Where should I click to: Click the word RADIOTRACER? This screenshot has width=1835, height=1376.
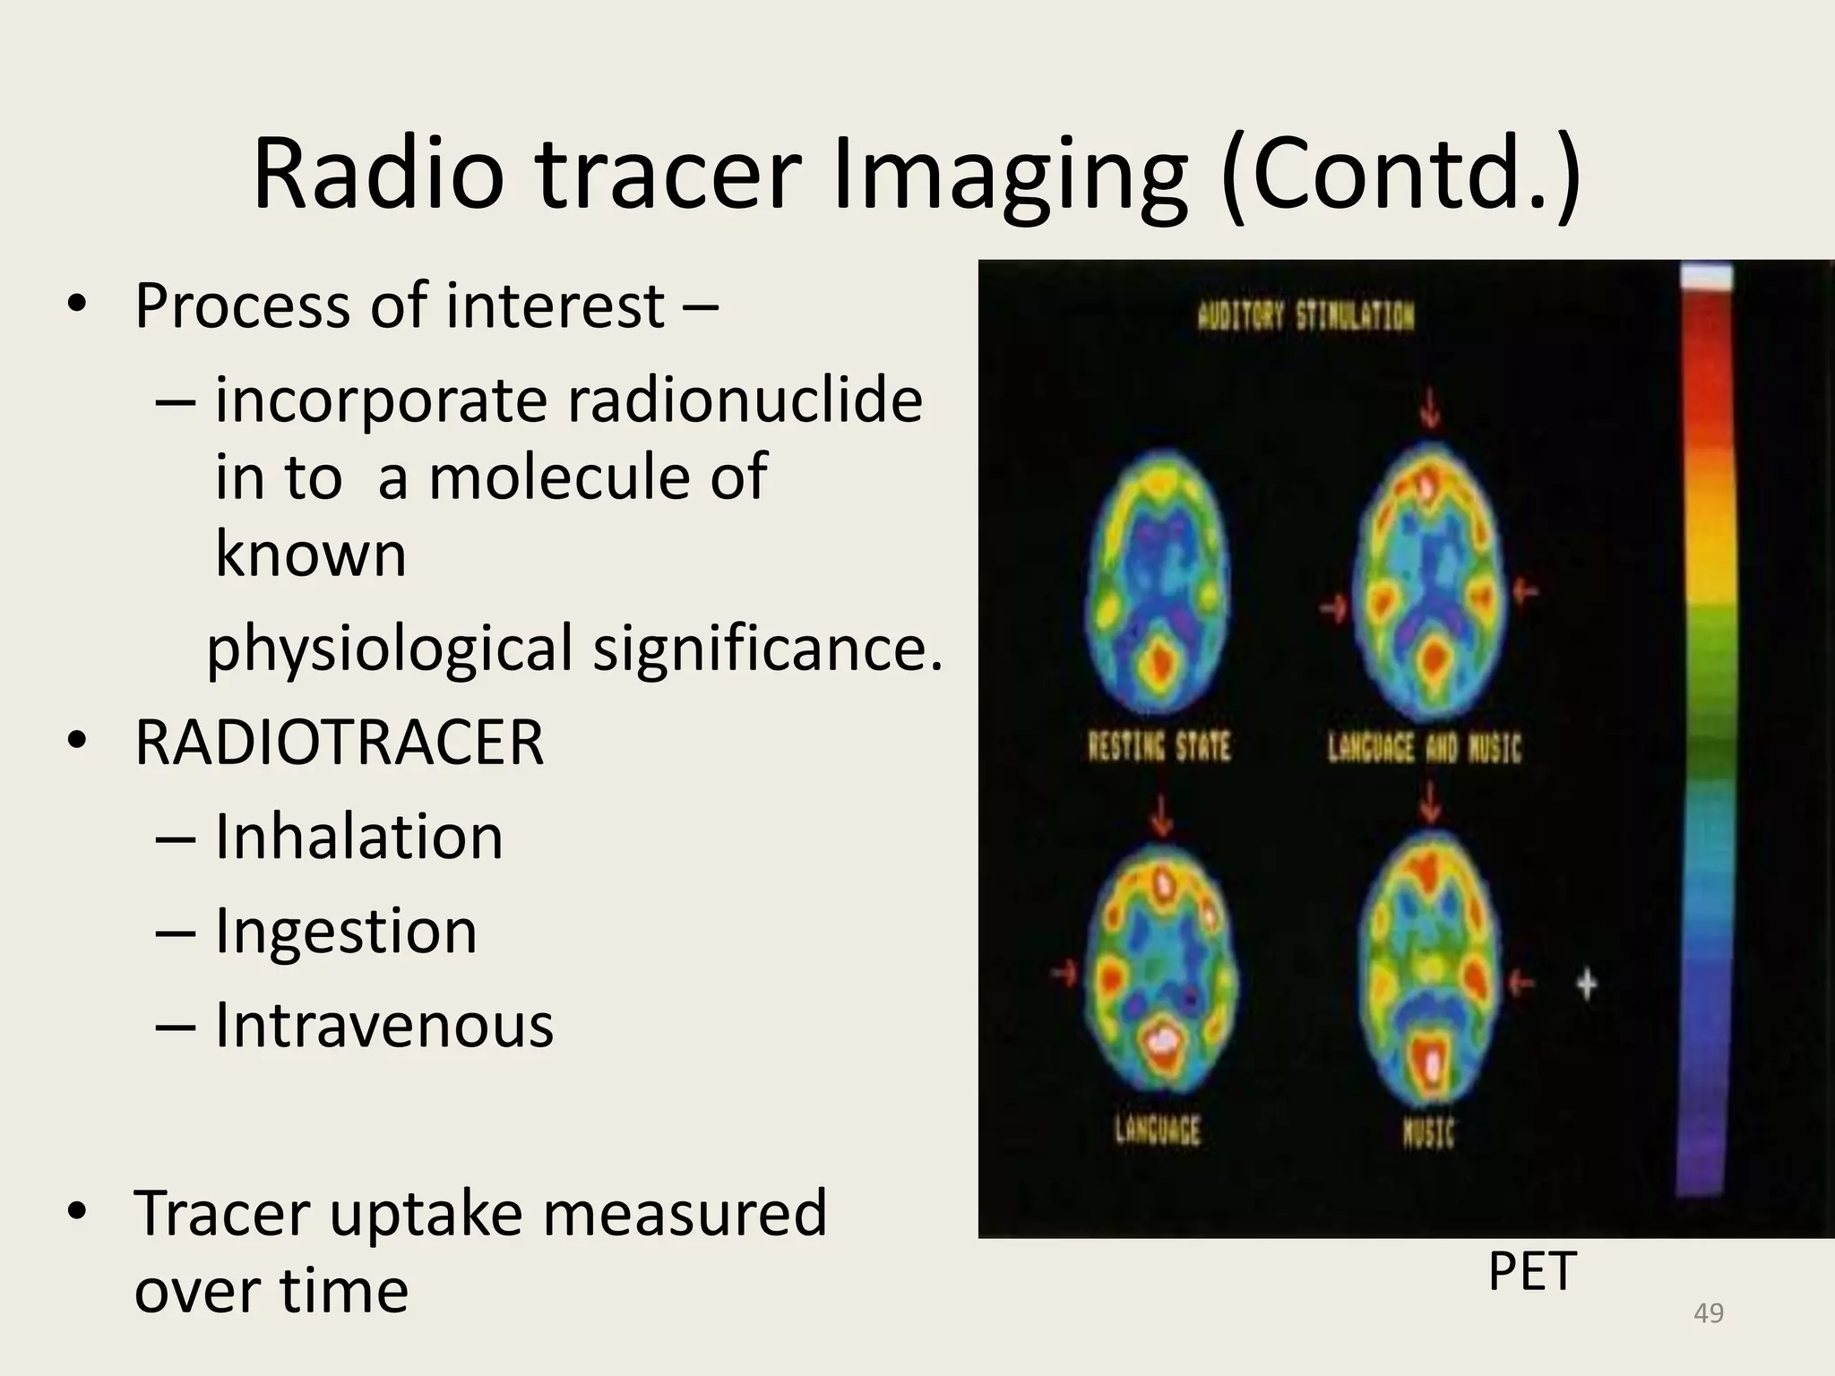pyautogui.click(x=339, y=743)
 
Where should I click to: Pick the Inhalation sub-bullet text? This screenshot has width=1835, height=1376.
pyautogui.click(x=358, y=837)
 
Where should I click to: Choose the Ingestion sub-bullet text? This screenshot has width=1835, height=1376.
pyautogui.click(x=346, y=931)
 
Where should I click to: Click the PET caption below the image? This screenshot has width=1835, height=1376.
pyautogui.click(x=1531, y=1271)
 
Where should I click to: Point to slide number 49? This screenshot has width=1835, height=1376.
pyautogui.click(x=1709, y=1313)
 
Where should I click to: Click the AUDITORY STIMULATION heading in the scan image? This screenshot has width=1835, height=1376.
pyautogui.click(x=1305, y=316)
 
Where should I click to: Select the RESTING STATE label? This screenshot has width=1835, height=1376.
pyautogui.click(x=1159, y=746)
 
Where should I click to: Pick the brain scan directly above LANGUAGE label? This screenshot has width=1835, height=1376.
pyautogui.click(x=1161, y=976)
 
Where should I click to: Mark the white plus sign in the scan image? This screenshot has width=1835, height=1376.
pyautogui.click(x=1587, y=985)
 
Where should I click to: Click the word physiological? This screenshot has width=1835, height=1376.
pyautogui.click(x=389, y=648)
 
